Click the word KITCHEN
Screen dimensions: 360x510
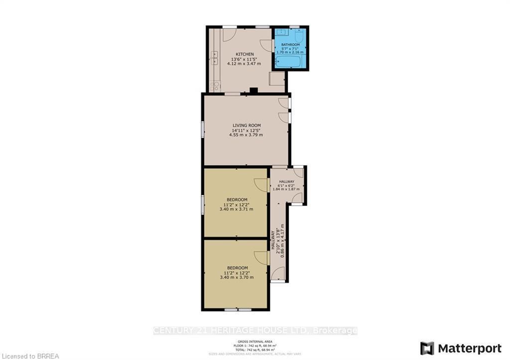click(x=245, y=54)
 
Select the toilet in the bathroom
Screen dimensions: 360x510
click(x=299, y=36)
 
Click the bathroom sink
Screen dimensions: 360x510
click(x=282, y=32)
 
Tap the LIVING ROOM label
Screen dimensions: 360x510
click(x=246, y=125)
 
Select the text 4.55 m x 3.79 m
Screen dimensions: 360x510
click(x=246, y=135)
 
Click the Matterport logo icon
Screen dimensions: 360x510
click(x=427, y=348)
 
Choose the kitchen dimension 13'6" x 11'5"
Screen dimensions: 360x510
click(x=245, y=59)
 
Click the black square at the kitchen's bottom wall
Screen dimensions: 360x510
click(x=254, y=91)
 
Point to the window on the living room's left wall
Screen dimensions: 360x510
click(x=202, y=129)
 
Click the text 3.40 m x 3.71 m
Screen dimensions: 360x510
click(x=236, y=209)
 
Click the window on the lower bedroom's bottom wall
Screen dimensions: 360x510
click(x=238, y=310)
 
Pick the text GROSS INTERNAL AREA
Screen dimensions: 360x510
click(x=255, y=341)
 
